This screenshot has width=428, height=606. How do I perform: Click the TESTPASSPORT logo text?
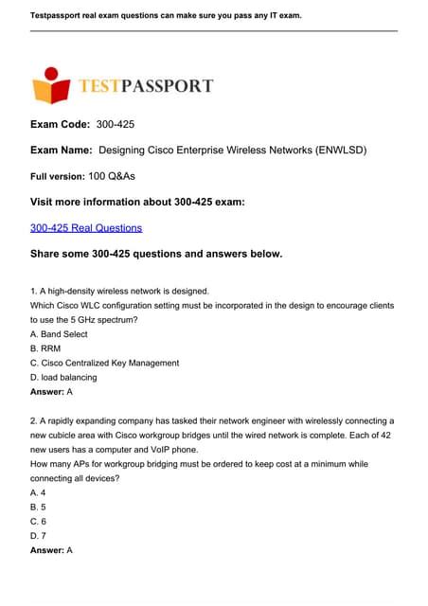(148, 87)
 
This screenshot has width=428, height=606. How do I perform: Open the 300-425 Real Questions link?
(86, 228)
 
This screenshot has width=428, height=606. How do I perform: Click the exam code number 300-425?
(123, 125)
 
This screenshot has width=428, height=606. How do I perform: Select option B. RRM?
(46, 348)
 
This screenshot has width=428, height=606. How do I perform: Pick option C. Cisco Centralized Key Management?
(104, 363)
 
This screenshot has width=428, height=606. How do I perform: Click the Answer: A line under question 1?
(52, 390)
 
